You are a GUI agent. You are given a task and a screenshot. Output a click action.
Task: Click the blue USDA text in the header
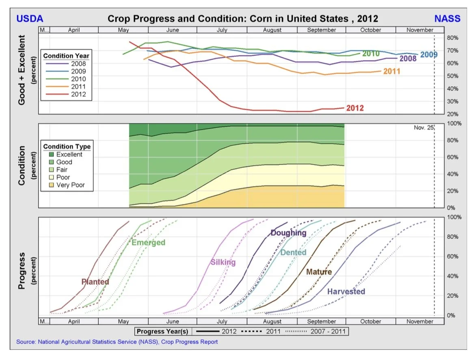point(30,19)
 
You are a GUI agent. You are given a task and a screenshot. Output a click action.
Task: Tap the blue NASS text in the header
point(447,19)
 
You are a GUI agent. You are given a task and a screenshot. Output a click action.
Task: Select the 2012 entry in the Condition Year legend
point(78,95)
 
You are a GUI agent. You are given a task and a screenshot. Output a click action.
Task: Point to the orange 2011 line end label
point(392,72)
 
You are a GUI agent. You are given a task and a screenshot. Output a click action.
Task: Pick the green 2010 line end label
point(371,54)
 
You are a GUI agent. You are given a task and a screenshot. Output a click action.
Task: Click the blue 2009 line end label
point(429,54)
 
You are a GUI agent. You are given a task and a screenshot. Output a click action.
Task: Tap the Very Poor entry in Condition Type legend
point(71,185)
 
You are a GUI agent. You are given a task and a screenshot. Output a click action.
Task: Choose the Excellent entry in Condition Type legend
point(69,154)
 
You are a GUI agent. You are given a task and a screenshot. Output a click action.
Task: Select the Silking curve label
point(223,262)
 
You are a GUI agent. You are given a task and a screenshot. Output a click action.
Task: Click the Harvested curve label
point(346,291)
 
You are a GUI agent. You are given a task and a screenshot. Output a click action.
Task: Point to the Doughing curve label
point(288,233)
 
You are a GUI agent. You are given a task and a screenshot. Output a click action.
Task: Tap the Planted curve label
point(95,282)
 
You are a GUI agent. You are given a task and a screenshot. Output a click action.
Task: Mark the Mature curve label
point(319,272)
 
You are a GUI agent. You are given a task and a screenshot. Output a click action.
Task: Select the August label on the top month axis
point(272,30)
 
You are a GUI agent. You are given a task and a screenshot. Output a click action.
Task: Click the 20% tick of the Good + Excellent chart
point(452,114)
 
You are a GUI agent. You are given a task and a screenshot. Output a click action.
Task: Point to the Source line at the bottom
point(117,342)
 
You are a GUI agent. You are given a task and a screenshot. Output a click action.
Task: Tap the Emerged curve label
point(148,243)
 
